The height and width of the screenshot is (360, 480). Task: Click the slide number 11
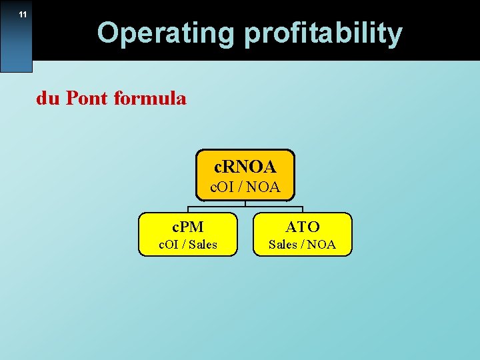[x=23, y=15]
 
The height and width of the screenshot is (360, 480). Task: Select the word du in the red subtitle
[x=47, y=99]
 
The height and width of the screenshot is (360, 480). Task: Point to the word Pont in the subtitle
[x=87, y=99]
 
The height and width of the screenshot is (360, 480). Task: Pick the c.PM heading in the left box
[x=187, y=227]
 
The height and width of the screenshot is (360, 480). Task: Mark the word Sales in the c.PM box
[x=203, y=245]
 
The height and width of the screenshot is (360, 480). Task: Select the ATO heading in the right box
[x=303, y=227]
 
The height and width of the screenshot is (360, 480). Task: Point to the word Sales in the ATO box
[x=283, y=245]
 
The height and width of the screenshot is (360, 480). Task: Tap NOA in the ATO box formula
[x=321, y=245]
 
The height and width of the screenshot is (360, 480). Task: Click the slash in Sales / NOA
[x=302, y=245]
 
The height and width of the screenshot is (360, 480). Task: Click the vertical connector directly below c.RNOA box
[x=245, y=203]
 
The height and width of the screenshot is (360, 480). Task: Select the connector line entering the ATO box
[x=303, y=209]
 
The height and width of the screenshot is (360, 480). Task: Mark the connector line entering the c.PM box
[x=187, y=209]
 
